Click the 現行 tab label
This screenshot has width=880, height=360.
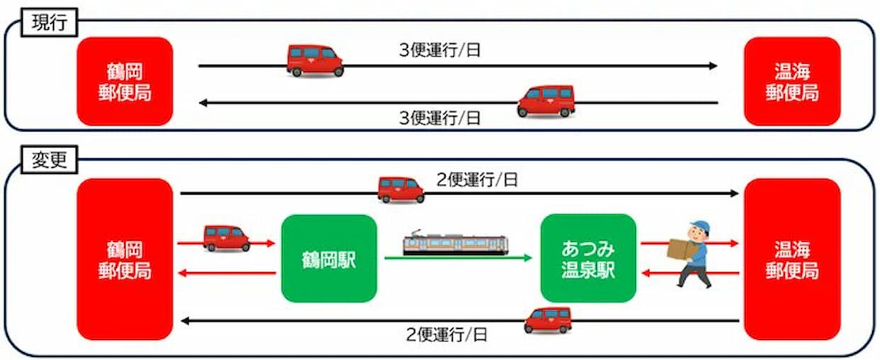(x=49, y=23)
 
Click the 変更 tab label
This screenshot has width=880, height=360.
(x=49, y=160)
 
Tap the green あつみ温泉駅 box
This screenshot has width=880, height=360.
(x=588, y=258)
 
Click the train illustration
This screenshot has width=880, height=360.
(x=456, y=244)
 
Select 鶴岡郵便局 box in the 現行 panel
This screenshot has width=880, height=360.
(x=125, y=82)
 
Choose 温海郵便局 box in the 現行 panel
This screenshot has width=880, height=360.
(x=792, y=82)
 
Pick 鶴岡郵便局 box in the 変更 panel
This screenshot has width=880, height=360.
(x=125, y=259)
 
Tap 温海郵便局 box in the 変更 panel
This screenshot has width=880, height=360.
(x=792, y=259)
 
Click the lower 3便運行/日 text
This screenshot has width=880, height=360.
(x=440, y=118)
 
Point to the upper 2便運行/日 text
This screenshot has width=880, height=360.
(x=477, y=180)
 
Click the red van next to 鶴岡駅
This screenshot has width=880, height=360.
(x=226, y=238)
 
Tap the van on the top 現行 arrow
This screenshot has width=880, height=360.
(x=315, y=60)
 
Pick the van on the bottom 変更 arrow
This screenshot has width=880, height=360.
(x=548, y=320)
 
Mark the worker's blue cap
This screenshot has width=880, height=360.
(x=699, y=227)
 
